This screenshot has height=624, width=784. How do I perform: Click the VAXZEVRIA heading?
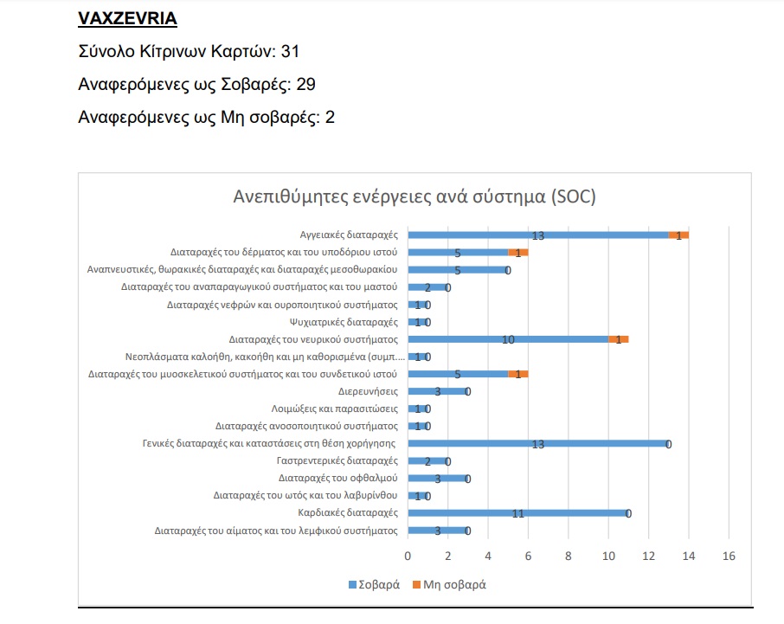point(127,18)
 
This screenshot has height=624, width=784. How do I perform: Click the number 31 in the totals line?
point(290,52)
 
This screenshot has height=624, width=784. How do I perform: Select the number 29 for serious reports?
point(305,84)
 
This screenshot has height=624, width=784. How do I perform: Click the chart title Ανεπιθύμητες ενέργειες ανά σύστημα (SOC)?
point(414,196)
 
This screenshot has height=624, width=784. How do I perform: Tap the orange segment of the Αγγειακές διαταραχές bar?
point(678,235)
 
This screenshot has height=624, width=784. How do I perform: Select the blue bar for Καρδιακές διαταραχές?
point(517,513)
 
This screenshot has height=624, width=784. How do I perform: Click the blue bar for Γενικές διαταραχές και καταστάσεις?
point(537,444)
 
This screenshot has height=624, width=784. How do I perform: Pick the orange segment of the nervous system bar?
point(618,339)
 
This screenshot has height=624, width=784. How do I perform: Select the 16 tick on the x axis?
point(729,555)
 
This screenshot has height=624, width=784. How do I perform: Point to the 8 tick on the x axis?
point(568,555)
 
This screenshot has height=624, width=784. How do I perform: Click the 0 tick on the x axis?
point(408,555)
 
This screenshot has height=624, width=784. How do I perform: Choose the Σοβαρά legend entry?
point(374,584)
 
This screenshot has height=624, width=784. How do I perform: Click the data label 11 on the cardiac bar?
point(517,513)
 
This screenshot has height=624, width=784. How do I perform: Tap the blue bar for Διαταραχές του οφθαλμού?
point(438,479)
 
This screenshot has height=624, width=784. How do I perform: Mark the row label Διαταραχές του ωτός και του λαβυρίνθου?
point(305,496)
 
